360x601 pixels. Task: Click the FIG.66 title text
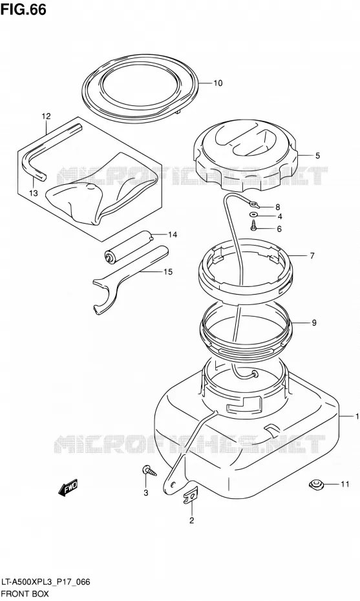[x=24, y=10]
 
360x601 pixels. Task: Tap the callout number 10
[x=218, y=83]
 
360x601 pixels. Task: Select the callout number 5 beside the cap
[x=317, y=156]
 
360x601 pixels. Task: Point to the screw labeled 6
[x=253, y=226]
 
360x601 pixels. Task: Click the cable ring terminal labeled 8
[x=254, y=206]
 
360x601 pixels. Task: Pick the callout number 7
[x=312, y=255]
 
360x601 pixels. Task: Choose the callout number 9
[x=314, y=322]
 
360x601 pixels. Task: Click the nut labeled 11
[x=316, y=485]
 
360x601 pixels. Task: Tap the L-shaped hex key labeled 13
[x=45, y=153]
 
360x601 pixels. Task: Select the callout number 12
[x=46, y=116]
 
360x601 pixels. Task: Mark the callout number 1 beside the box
[x=357, y=416]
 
